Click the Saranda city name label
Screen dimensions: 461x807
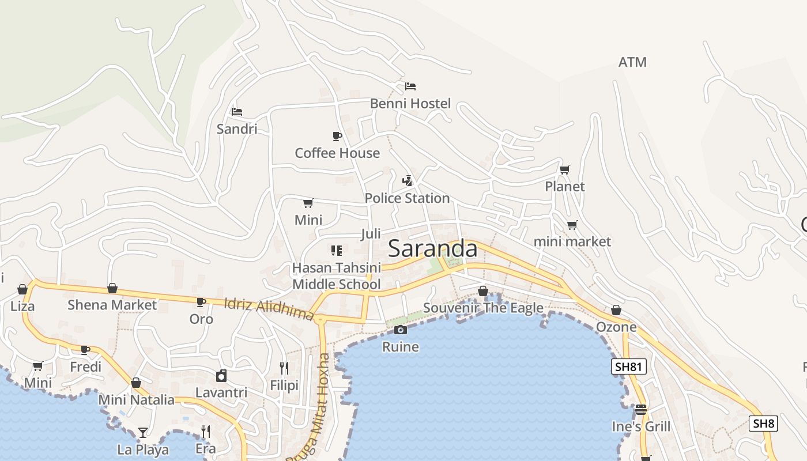[432, 249]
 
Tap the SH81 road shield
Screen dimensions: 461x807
[629, 366]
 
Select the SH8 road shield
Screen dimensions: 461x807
[763, 424]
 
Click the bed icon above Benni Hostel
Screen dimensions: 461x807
[410, 86]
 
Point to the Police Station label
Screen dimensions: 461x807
[407, 198]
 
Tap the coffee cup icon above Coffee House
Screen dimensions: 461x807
[337, 136]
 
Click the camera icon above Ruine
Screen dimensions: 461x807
[400, 330]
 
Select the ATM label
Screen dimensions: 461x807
[632, 62]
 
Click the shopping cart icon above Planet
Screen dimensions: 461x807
[565, 169]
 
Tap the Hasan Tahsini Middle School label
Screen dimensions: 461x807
[337, 276]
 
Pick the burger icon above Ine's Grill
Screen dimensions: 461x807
[641, 410]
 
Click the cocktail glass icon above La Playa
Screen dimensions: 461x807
[142, 432]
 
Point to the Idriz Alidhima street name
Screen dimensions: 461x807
[269, 309]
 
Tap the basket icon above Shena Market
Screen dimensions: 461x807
[112, 288]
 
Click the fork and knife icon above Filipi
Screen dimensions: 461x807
[284, 368]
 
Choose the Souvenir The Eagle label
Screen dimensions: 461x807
[483, 308]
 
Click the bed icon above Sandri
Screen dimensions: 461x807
[237, 112]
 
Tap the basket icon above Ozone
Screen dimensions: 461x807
[616, 311]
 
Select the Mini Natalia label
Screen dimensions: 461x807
[136, 399]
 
